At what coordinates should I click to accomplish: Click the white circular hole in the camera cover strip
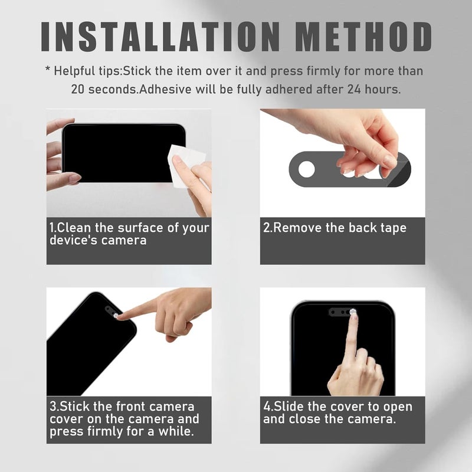pos(306,169)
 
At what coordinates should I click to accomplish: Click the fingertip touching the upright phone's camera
pos(353,314)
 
